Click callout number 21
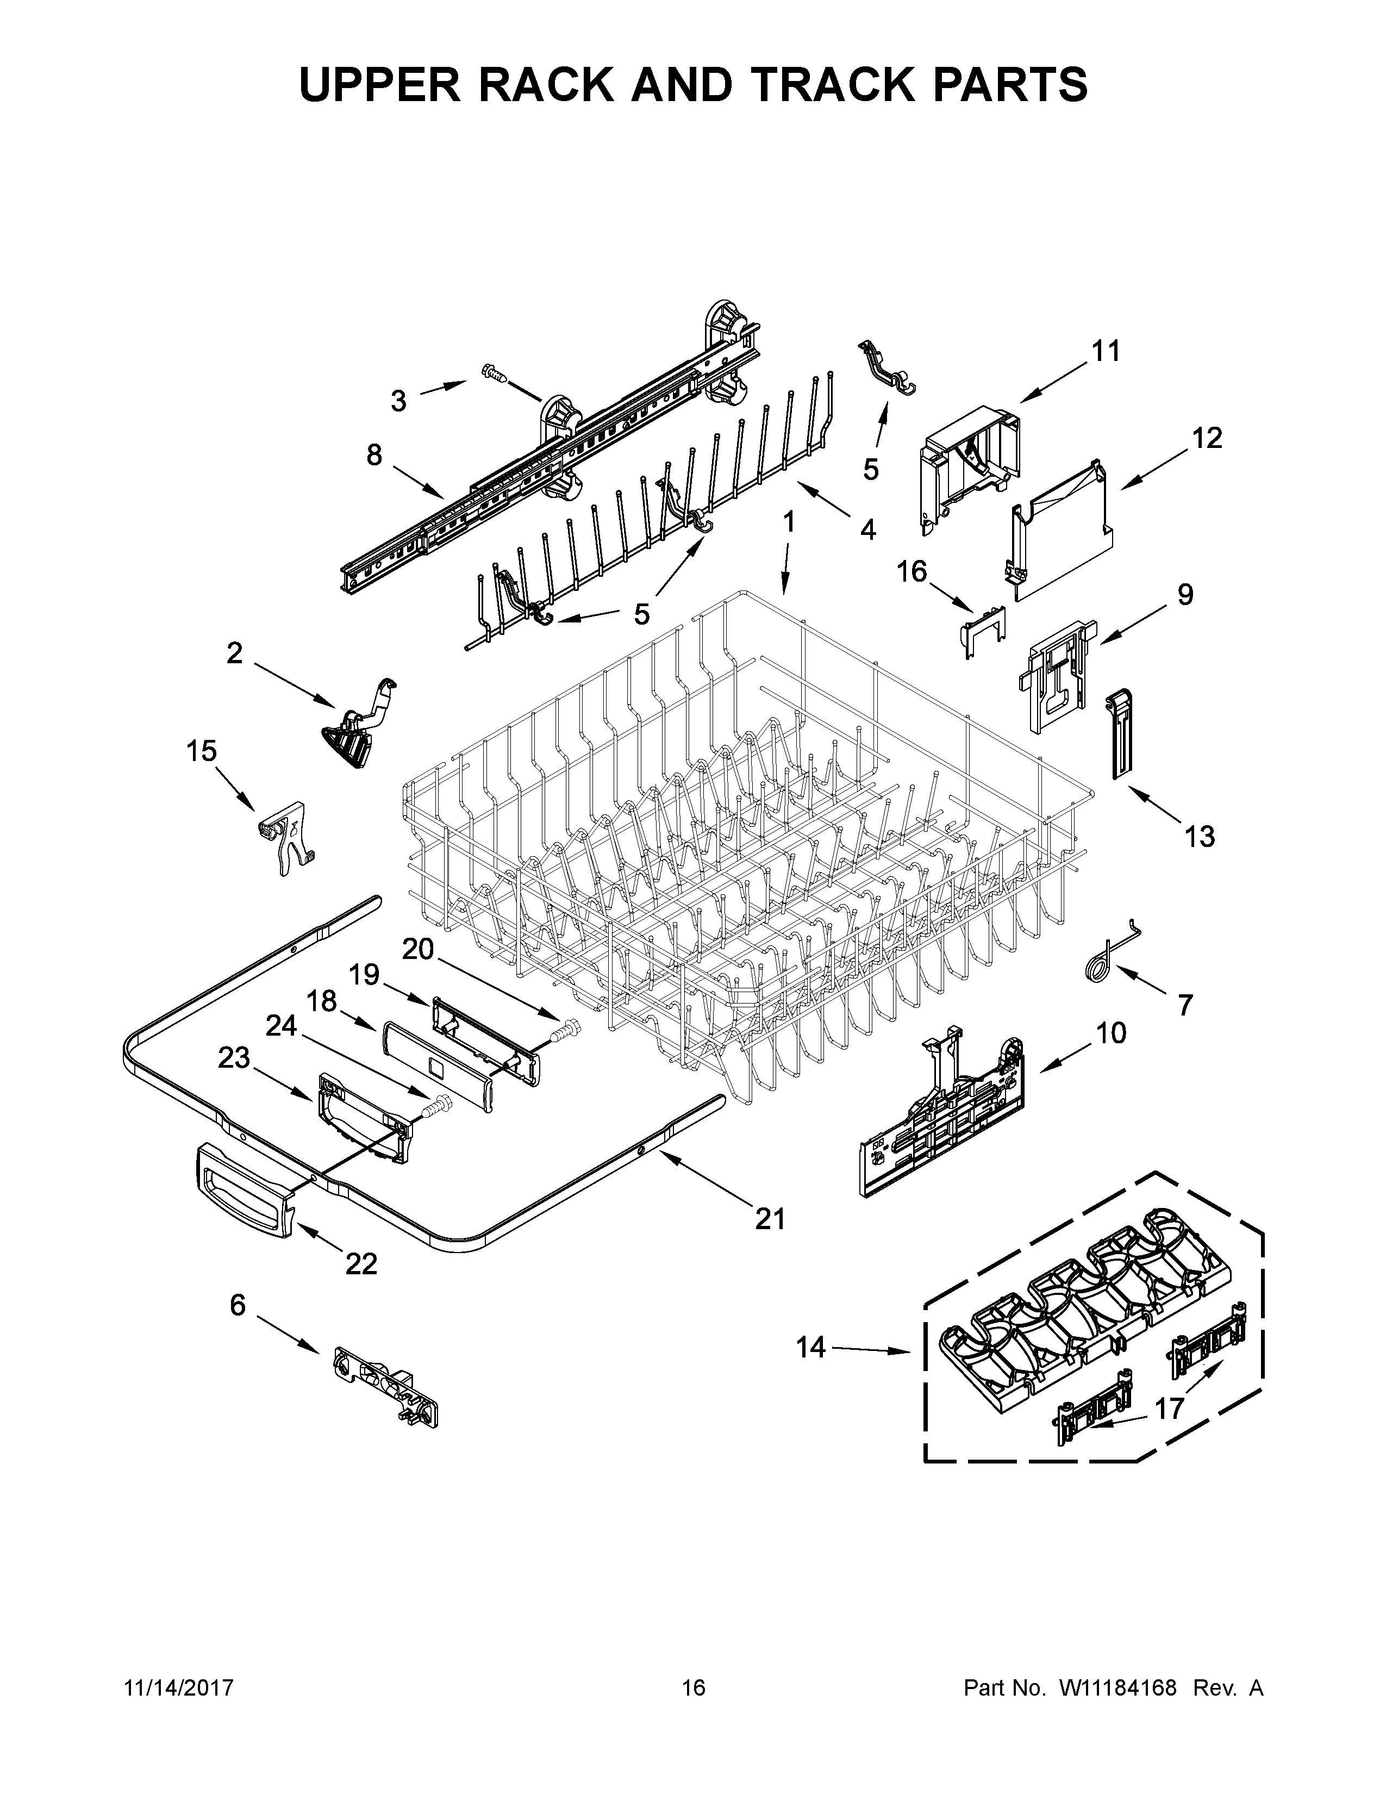pos(770,1241)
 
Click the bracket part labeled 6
pos(385,1388)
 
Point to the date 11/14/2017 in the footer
pos(178,1688)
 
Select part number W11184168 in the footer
pos(1119,1688)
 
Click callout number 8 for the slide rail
pos(374,454)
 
